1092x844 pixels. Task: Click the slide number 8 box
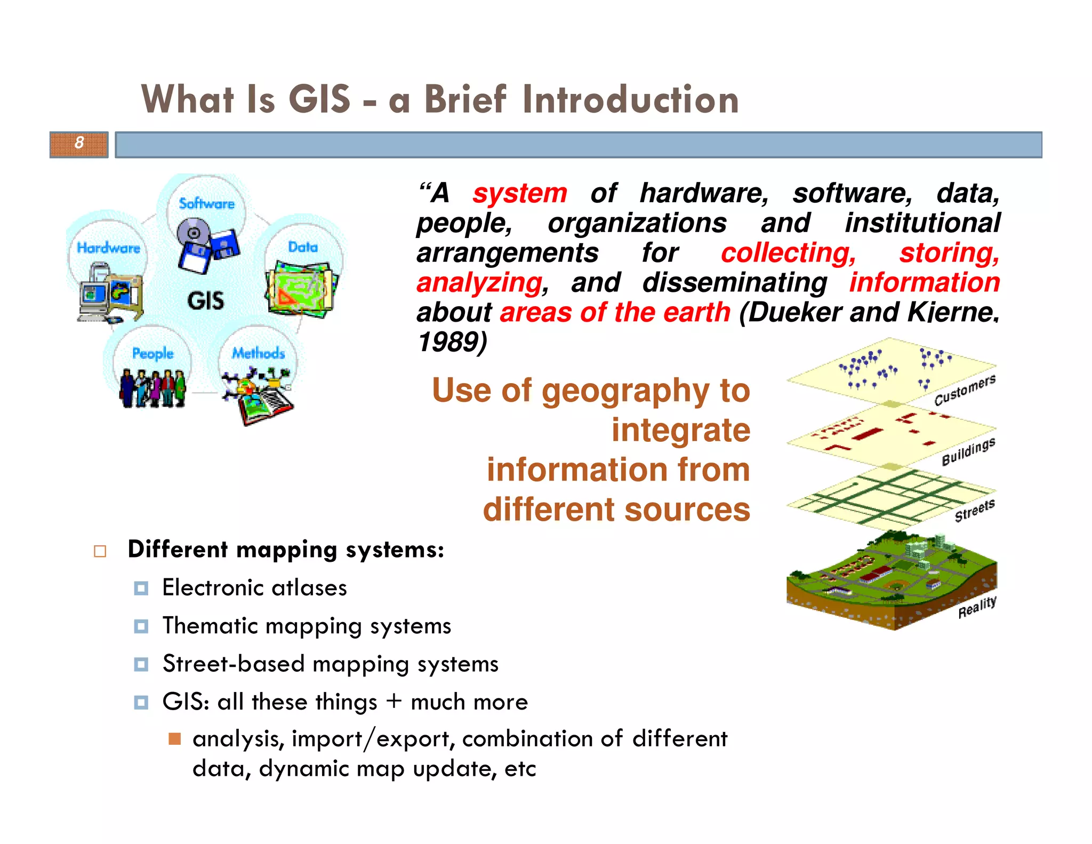pyautogui.click(x=79, y=144)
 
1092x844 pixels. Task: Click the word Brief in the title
pyautogui.click(x=464, y=100)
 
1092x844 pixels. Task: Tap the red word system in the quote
pyautogui.click(x=519, y=193)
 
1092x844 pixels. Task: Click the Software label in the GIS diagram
pyautogui.click(x=206, y=203)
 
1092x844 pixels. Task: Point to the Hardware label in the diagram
pyautogui.click(x=108, y=248)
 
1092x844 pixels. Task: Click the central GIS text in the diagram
pyautogui.click(x=205, y=301)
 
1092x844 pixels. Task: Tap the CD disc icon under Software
pyautogui.click(x=192, y=233)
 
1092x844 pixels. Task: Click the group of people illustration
pyautogui.click(x=152, y=388)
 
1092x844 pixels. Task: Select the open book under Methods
pyautogui.click(x=264, y=407)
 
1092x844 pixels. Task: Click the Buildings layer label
pyautogui.click(x=968, y=452)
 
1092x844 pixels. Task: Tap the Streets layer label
pyautogui.click(x=974, y=511)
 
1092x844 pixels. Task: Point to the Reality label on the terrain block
pyautogui.click(x=977, y=607)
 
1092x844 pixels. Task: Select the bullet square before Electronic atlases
pyautogui.click(x=141, y=588)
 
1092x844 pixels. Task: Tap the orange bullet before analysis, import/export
pyautogui.click(x=174, y=739)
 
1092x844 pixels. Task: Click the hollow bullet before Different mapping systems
pyautogui.click(x=100, y=551)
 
